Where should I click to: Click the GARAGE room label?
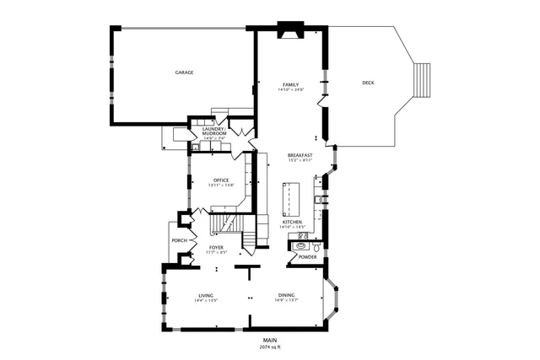[x=184, y=73]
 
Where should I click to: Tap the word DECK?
[x=368, y=83]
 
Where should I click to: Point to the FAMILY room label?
[x=290, y=85]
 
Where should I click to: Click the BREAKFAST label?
[x=300, y=155]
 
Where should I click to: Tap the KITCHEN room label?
[x=304, y=223]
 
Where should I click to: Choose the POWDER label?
[x=307, y=257]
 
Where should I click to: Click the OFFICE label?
[x=221, y=180]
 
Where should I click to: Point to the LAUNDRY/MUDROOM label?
[x=213, y=132]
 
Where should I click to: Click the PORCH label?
[x=179, y=240]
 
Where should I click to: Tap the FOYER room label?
[x=217, y=247]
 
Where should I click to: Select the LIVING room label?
[x=206, y=295]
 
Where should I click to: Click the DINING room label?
[x=287, y=295]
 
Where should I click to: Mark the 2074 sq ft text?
[x=270, y=347]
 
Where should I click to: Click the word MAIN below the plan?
[x=270, y=340]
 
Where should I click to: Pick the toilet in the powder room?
[x=316, y=248]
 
